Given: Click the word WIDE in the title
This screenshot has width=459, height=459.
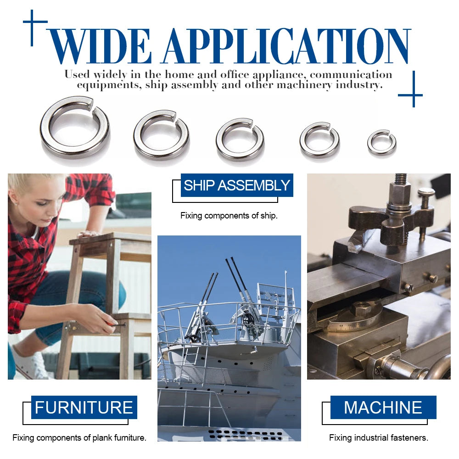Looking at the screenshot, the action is click(x=100, y=46).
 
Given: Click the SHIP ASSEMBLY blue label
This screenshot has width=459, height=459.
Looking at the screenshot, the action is click(x=237, y=185).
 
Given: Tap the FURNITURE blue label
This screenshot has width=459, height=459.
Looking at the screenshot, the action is click(x=84, y=407).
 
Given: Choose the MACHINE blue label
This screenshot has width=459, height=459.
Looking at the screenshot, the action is click(x=383, y=407).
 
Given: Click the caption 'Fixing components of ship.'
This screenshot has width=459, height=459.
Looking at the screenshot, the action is click(x=229, y=216).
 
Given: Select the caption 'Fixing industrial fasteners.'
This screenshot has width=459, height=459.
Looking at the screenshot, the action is click(x=379, y=437).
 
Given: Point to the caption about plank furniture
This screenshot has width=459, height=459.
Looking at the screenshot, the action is click(x=79, y=437).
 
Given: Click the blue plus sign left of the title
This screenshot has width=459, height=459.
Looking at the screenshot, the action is click(x=32, y=22).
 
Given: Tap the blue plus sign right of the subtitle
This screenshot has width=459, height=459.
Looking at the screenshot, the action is click(x=414, y=95).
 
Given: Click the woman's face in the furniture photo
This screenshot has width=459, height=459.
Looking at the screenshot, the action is click(x=44, y=202).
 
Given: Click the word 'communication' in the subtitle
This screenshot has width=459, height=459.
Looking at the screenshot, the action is click(x=351, y=75).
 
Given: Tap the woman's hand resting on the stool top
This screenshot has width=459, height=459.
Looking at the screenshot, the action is click(x=88, y=234).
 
